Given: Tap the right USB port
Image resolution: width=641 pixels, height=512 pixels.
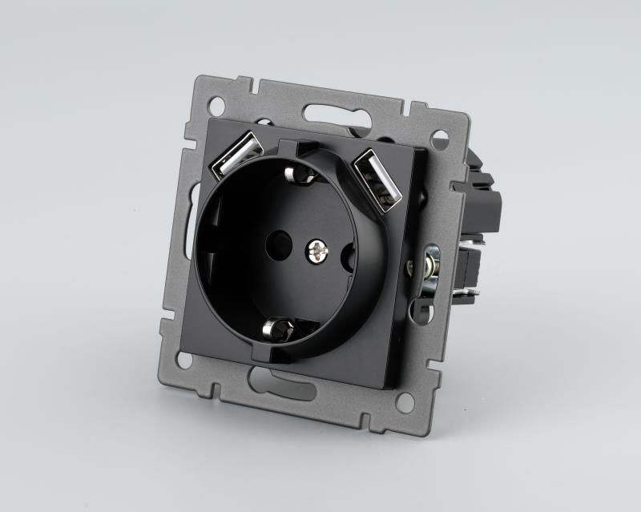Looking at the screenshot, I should click(378, 179).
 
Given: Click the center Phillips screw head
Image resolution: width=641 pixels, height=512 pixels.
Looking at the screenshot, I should click(317, 252).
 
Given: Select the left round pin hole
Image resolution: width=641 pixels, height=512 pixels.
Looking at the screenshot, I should click(280, 240).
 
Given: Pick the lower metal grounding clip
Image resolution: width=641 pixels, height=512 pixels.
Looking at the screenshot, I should click(280, 328).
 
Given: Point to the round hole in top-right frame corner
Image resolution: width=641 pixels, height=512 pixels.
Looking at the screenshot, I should click(439, 139).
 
